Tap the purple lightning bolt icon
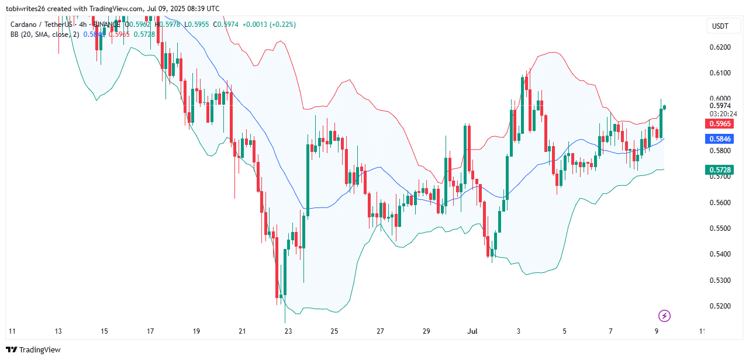point(664,316)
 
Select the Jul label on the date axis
point(472,331)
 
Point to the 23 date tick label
point(288,331)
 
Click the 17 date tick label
point(150,331)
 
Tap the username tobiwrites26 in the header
point(35,9)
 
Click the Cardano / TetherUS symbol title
point(42,25)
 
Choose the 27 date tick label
point(380,331)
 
